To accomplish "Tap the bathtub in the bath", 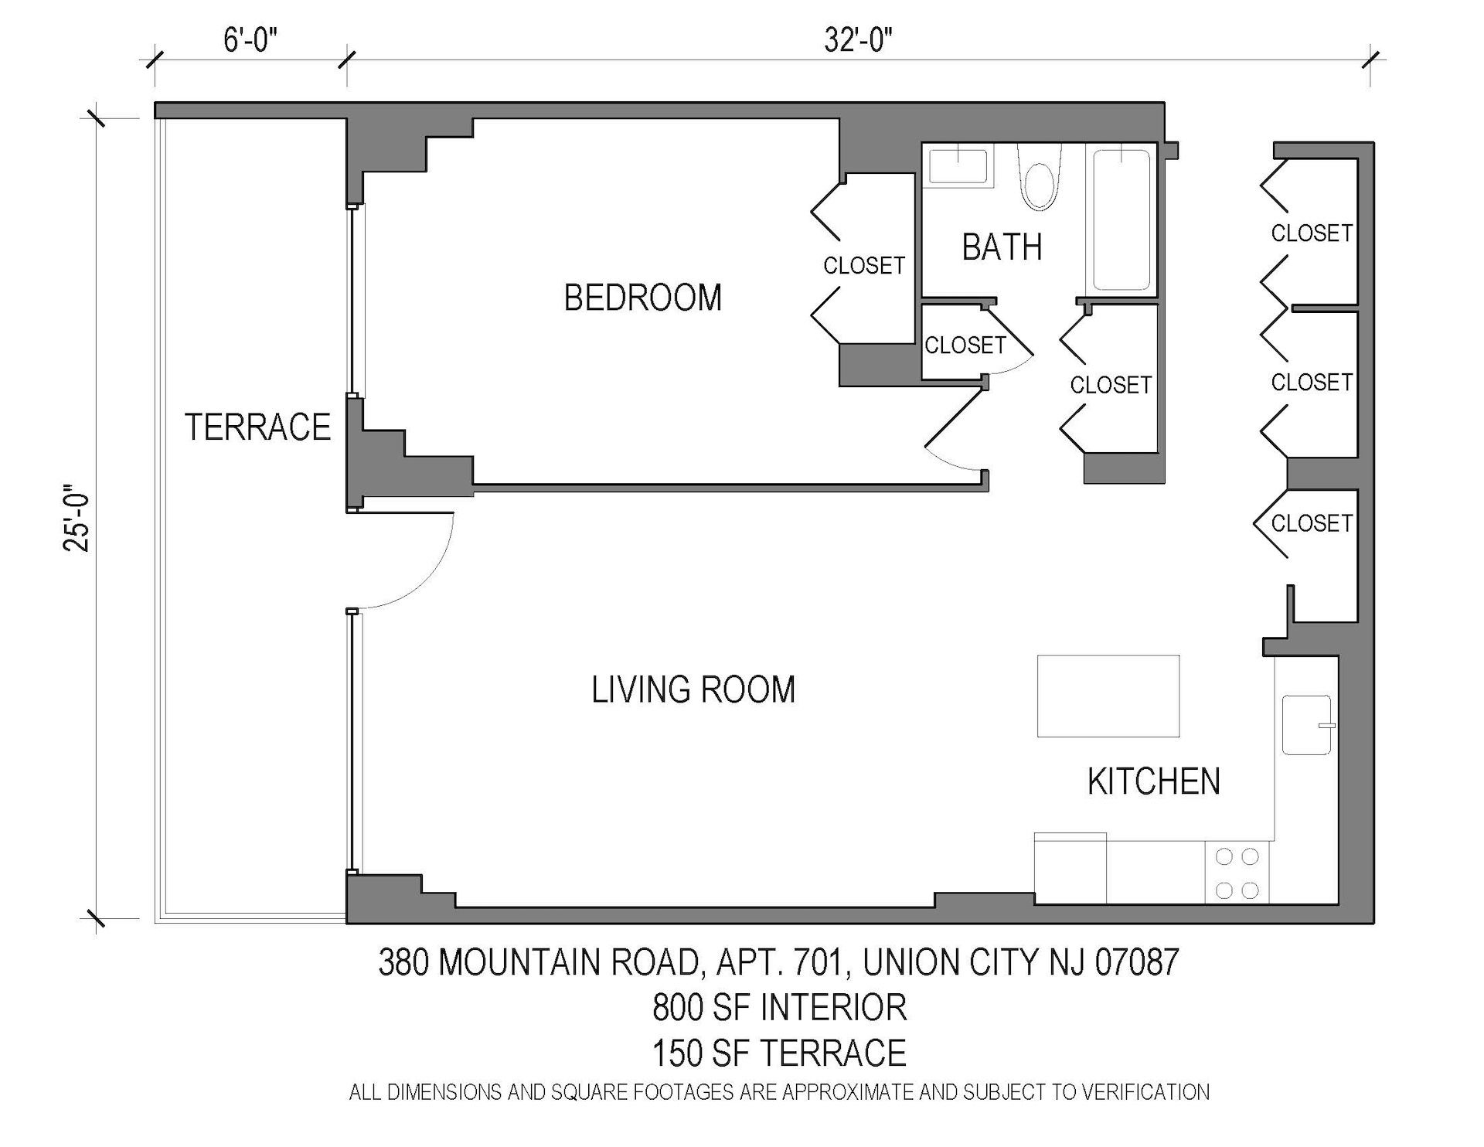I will coord(1122,220).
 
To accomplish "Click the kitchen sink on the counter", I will coord(1306,724).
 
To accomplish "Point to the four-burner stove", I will coord(1237,873).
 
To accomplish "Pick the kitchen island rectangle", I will coord(1108,696).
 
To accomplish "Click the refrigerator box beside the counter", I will coord(1070,868).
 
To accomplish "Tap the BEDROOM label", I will coord(642,298).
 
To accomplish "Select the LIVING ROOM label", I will coord(693,689).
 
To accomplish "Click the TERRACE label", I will coord(257,427).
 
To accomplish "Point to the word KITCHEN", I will coord(1153,781).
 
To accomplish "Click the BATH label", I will coord(1002,247).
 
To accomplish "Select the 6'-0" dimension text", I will coord(250,39).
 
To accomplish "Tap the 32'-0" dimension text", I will coord(858,39).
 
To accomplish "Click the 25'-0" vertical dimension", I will coord(77,518).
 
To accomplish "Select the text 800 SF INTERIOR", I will coord(779,1007).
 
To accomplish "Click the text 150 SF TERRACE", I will coord(779,1053).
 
